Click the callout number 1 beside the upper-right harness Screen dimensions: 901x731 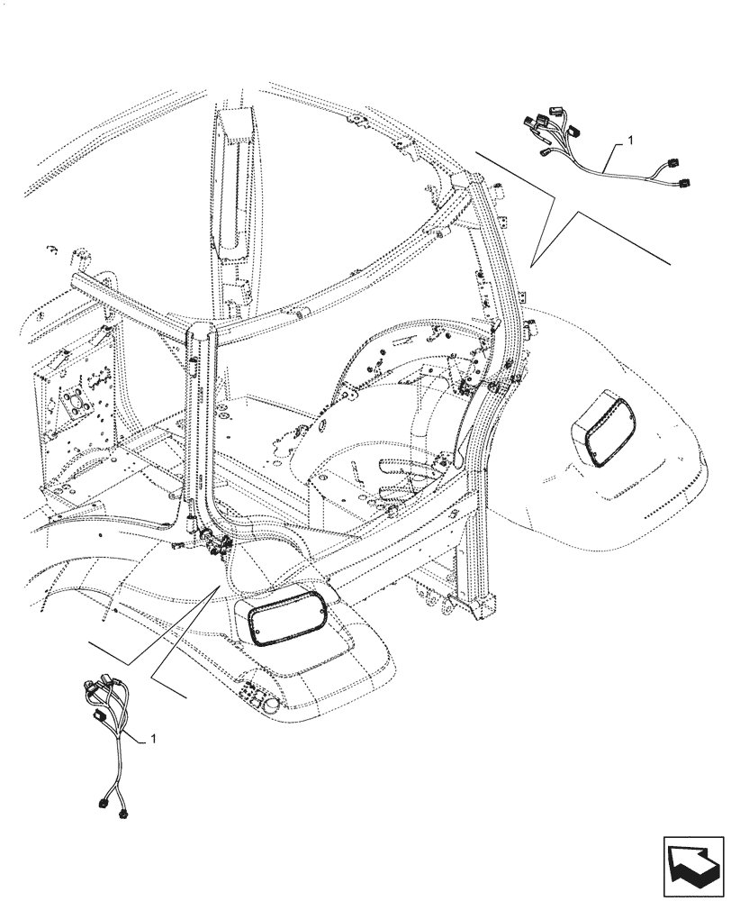click(x=631, y=141)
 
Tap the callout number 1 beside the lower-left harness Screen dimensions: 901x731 click(x=153, y=738)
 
